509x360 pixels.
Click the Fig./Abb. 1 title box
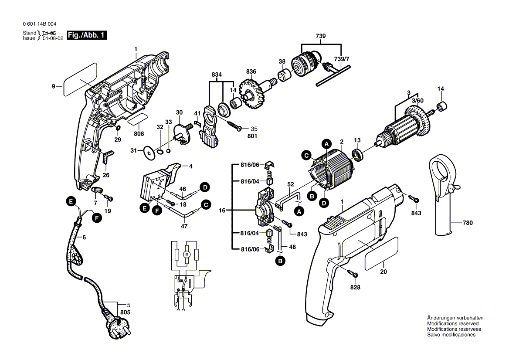coord(86,35)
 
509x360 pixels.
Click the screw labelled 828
coord(354,274)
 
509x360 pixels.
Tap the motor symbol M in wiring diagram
coord(187,254)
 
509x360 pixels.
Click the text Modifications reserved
coord(453,324)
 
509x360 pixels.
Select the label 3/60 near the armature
coord(417,100)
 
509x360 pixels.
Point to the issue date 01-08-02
coord(53,38)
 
